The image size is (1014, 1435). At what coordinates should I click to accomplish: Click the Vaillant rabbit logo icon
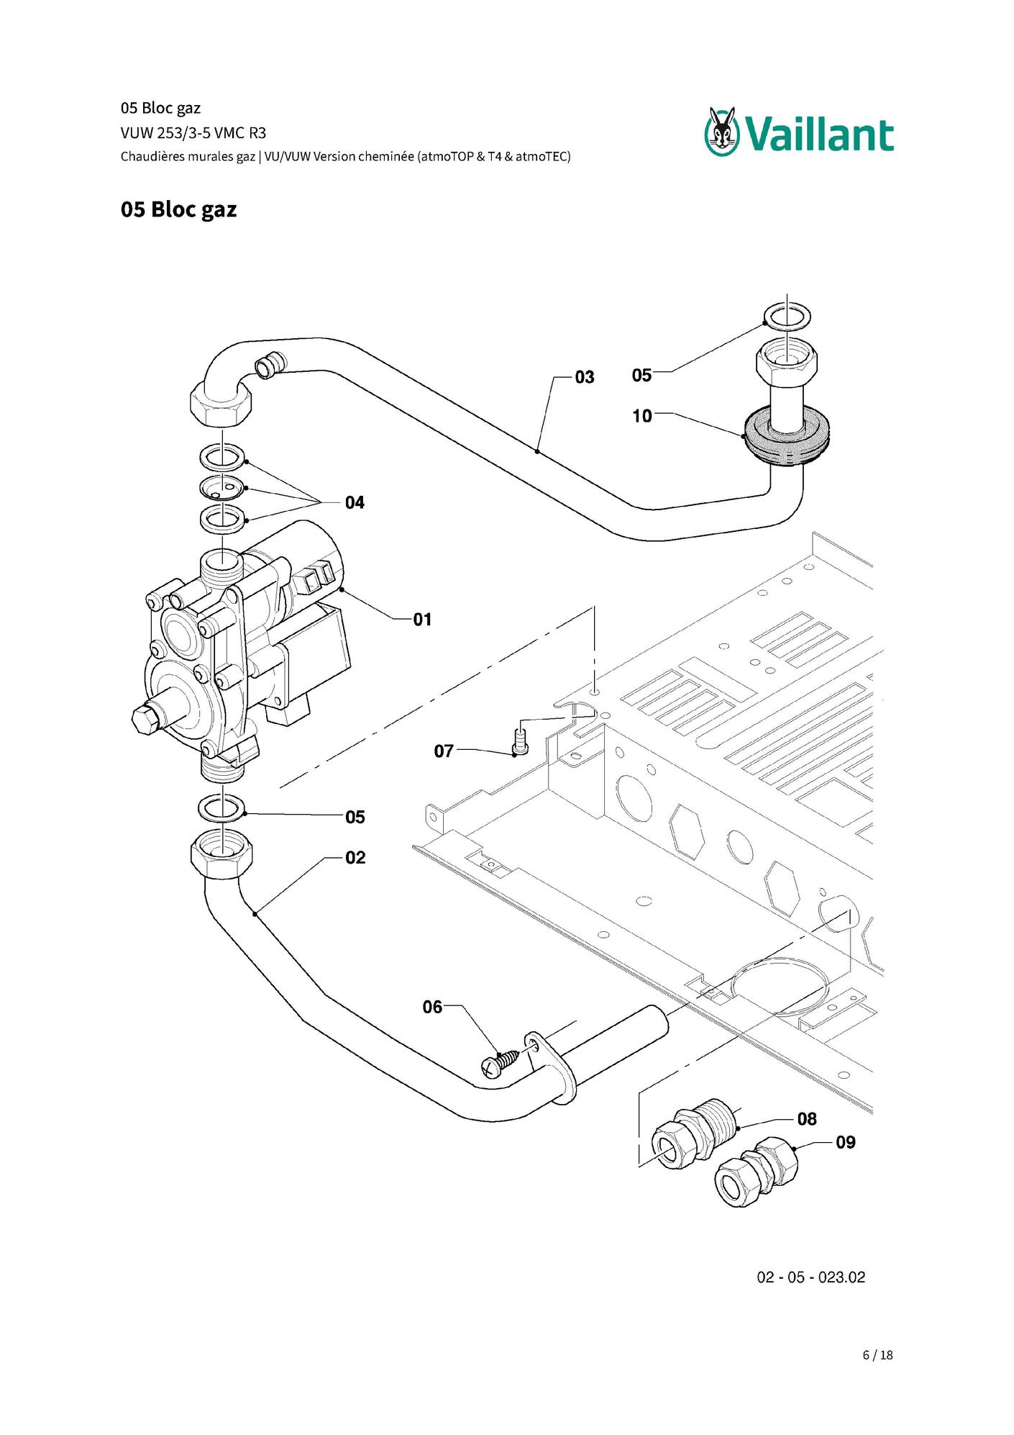[x=722, y=131]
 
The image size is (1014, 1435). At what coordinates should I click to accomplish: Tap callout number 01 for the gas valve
[x=422, y=620]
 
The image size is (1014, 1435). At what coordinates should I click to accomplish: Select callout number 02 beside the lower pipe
[x=355, y=858]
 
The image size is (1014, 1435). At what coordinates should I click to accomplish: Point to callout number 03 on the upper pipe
[x=585, y=377]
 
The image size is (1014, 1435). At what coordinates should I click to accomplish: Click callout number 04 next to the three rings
[x=355, y=502]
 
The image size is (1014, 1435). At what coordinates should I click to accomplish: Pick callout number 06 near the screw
[x=432, y=1007]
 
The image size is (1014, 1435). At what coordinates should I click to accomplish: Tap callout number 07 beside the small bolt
[x=444, y=751]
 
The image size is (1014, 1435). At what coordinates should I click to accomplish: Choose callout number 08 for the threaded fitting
[x=807, y=1119]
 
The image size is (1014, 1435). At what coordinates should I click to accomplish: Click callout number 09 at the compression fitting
[x=846, y=1142]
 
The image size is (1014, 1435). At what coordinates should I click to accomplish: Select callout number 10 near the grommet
[x=642, y=416]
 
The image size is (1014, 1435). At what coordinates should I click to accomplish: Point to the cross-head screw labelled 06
[x=499, y=1064]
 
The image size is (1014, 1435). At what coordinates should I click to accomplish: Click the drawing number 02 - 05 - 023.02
[x=810, y=1277]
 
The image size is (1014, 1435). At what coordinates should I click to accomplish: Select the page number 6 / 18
[x=877, y=1355]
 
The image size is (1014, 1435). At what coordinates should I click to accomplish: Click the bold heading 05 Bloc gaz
[x=178, y=209]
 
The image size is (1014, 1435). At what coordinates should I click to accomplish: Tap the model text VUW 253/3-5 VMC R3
[x=193, y=132]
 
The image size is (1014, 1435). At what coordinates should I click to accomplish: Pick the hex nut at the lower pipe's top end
[x=222, y=854]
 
